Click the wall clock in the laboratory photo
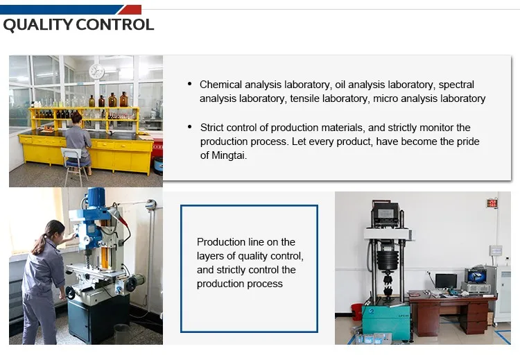[x=96, y=71]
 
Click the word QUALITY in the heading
[x=38, y=25]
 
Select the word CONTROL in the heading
[x=114, y=25]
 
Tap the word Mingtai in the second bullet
[x=229, y=155]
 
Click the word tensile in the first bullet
[x=305, y=98]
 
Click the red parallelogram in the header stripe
[x=130, y=9]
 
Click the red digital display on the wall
[x=492, y=203]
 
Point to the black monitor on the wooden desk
[x=446, y=281]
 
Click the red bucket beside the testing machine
[x=357, y=311]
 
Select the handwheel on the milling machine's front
[x=70, y=293]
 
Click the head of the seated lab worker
[x=76, y=118]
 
